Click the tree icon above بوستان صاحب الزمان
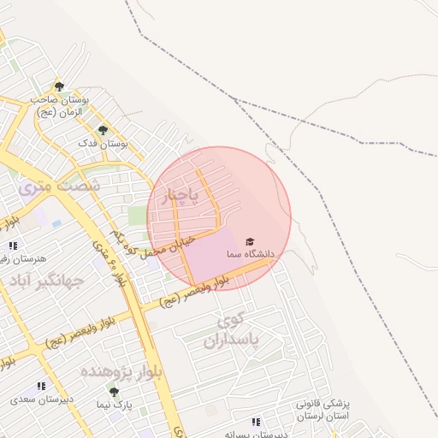pos(59,86)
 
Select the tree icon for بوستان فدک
pos(103,130)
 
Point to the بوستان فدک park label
pos(103,145)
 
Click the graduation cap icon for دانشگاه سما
pos(250,242)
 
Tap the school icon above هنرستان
pos(14,246)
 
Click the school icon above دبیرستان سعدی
pos(41,387)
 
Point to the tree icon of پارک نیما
pos(114,392)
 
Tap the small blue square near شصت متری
pos(56,224)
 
